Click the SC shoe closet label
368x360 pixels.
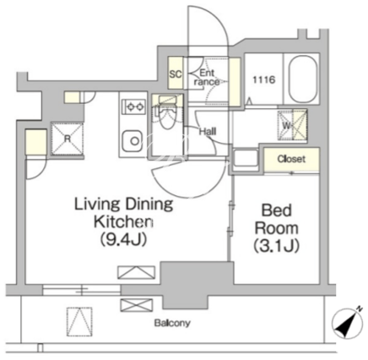click(176, 74)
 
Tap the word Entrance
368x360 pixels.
click(207, 78)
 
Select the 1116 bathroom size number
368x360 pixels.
click(263, 79)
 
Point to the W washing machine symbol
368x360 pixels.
click(292, 125)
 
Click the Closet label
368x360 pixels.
click(291, 159)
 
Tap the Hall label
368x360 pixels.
click(208, 131)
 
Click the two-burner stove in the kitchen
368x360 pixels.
click(133, 106)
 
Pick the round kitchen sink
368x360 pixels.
click(133, 140)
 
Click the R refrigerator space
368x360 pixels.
click(68, 139)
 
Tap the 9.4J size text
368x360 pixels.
click(123, 240)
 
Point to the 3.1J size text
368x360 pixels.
click(276, 245)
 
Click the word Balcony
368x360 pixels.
click(172, 323)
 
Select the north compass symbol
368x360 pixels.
click(347, 322)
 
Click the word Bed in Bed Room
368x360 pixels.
click(277, 210)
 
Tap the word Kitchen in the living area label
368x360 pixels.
click(123, 221)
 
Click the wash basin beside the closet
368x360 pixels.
click(246, 160)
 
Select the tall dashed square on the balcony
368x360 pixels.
click(79, 321)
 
